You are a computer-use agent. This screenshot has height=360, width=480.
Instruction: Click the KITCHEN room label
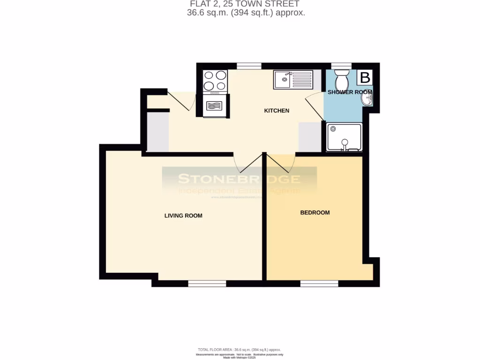click(277, 111)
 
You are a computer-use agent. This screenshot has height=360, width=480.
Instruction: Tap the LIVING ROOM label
click(183, 216)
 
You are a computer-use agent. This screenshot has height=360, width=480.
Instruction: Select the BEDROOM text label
click(315, 212)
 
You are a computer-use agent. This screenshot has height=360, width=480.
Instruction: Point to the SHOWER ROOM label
click(349, 92)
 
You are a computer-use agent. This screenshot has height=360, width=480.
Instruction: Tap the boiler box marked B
click(365, 77)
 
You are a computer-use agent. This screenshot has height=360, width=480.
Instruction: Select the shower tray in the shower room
click(345, 137)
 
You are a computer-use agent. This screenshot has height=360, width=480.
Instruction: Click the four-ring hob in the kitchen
click(215, 80)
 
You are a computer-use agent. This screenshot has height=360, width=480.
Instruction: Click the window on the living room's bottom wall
click(207, 283)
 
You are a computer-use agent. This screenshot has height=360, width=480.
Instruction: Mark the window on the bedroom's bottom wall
click(319, 283)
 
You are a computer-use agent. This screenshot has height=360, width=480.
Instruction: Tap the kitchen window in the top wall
click(249, 66)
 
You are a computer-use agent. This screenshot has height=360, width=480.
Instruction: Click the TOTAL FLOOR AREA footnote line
click(240, 350)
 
